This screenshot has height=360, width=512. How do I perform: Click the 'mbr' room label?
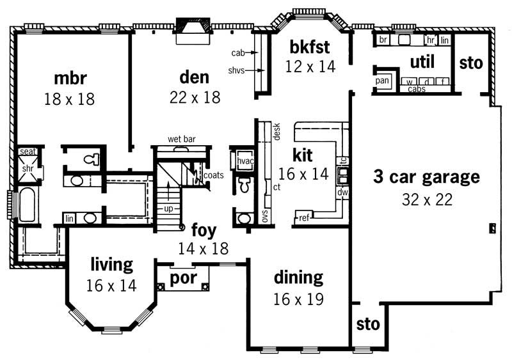click(71, 79)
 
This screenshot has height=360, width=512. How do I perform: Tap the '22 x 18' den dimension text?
click(195, 97)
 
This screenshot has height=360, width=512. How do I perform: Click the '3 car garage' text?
click(426, 177)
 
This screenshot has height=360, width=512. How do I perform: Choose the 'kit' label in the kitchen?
click(302, 155)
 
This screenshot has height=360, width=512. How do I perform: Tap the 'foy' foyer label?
click(204, 230)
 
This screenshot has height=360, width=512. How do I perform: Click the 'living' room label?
click(111, 263)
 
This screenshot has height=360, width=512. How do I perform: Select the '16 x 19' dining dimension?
click(298, 299)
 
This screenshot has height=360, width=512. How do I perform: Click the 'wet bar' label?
click(181, 139)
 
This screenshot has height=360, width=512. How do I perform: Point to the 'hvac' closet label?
click(246, 161)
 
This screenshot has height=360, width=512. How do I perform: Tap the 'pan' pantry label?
click(383, 81)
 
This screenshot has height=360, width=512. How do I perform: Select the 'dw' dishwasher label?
click(343, 191)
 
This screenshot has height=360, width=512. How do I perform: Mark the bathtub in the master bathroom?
click(28, 205)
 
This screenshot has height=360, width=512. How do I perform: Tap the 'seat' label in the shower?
click(28, 152)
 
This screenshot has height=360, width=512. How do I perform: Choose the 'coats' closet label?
click(214, 175)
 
